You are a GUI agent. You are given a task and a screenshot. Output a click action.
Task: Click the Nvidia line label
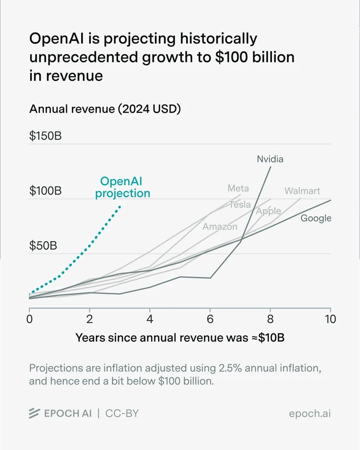[x=270, y=159]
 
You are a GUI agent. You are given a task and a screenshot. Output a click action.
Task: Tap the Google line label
[x=316, y=218]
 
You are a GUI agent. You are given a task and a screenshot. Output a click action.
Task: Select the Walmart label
[x=302, y=191]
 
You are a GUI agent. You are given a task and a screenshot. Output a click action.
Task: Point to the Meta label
[x=238, y=188]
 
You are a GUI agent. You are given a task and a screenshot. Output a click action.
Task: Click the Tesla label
[x=240, y=205]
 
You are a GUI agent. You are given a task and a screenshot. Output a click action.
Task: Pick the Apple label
[x=268, y=211]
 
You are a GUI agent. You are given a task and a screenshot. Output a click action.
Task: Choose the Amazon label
[x=220, y=227]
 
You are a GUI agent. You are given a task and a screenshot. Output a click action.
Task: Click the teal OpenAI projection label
[x=122, y=187]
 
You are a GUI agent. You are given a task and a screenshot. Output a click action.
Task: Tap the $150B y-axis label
[x=45, y=136]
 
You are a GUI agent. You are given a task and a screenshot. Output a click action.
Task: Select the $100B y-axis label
[x=45, y=191]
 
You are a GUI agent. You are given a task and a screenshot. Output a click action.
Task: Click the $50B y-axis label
[x=43, y=245]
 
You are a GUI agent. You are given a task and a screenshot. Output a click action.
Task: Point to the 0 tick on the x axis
[x=29, y=319]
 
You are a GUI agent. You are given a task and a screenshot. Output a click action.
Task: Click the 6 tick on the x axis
[x=210, y=319]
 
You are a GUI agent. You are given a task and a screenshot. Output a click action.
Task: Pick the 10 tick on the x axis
[x=331, y=319]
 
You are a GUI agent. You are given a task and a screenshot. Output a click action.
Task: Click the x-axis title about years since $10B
[x=180, y=338]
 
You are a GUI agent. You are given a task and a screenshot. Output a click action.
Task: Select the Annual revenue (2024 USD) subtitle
[x=105, y=109]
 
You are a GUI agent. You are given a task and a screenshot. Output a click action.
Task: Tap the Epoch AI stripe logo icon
[x=34, y=413]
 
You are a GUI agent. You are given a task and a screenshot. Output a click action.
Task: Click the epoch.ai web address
[x=310, y=414]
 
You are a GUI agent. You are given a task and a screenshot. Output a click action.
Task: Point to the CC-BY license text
[x=122, y=413]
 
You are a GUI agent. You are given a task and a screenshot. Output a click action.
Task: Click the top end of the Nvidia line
[x=270, y=167]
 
